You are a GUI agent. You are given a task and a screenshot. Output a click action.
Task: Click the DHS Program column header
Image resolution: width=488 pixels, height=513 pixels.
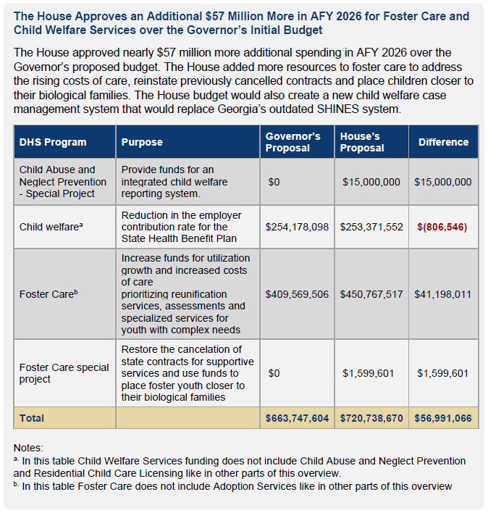pos(53,142)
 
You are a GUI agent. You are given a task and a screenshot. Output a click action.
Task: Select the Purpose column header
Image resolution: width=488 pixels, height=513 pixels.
pos(142,142)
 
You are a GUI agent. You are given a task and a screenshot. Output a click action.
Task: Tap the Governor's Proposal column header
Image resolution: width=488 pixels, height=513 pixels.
pos(293,142)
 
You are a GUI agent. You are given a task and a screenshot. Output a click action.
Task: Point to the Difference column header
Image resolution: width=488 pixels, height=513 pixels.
pos(443,142)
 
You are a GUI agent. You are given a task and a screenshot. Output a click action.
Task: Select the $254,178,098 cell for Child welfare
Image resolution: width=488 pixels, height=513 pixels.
pos(297,227)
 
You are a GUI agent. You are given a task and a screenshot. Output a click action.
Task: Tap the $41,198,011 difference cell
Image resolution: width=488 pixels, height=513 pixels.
pos(442,294)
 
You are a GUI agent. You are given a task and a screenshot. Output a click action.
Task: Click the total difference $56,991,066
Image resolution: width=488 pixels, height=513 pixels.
pos(442,418)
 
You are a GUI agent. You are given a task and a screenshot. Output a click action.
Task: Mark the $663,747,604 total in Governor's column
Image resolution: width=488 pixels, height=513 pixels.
pos(297,418)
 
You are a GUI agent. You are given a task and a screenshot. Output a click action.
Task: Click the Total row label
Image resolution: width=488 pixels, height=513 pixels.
pos(32,418)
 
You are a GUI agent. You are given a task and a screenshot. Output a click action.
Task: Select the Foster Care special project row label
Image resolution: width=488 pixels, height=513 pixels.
pos(64,373)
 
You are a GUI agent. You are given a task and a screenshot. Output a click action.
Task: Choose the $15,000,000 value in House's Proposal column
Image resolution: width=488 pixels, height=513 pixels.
pos(371,182)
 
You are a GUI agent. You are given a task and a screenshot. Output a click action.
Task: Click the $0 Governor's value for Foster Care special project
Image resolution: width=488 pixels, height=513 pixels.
pos(274,373)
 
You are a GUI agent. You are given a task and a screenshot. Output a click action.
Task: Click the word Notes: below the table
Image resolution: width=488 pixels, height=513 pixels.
pos(28,448)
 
